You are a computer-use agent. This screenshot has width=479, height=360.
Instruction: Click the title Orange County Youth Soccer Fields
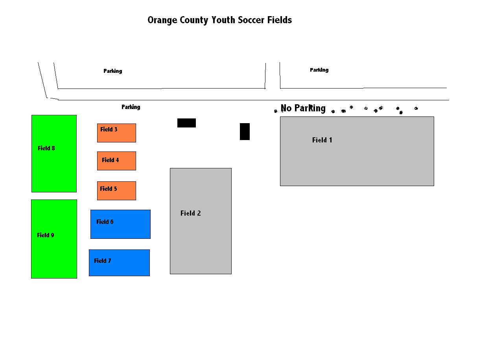pos(219,20)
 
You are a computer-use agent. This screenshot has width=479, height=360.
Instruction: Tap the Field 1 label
pos(322,140)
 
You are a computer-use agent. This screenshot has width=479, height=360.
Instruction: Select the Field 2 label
pos(190,213)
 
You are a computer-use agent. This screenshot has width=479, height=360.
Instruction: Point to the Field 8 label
pos(46,148)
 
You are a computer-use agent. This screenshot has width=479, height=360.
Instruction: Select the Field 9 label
pos(46,235)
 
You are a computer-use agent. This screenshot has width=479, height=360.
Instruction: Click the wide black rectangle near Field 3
pos(186,123)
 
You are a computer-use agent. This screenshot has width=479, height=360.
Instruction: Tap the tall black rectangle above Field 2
pos(245,131)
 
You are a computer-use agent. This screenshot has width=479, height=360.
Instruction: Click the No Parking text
pos(303,108)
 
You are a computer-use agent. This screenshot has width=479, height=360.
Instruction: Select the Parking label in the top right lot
pos(319,70)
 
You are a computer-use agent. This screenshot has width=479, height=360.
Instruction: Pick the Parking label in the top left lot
pos(112,71)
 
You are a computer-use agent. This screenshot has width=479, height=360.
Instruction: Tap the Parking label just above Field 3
pos(131,107)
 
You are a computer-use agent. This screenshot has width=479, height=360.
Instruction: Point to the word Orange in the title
pos(162,20)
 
